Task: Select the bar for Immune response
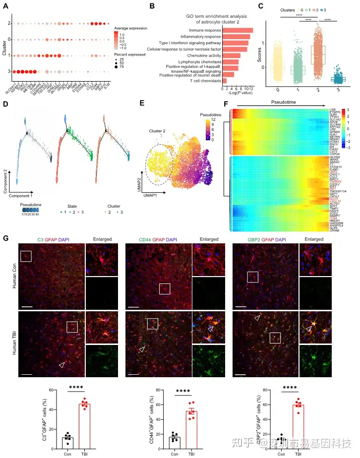(x=238, y=31)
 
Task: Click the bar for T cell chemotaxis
(x=225, y=80)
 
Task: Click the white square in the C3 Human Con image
(x=26, y=256)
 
